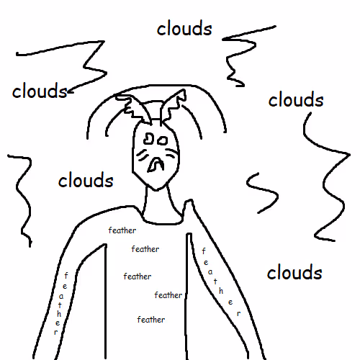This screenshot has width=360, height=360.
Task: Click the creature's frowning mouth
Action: tap(156, 165)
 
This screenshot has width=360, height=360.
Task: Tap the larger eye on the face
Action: tap(149, 138)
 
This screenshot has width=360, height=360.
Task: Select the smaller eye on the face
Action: tap(163, 140)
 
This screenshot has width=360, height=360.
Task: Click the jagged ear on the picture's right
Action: tap(173, 106)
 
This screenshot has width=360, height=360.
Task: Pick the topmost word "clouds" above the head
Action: tap(184, 28)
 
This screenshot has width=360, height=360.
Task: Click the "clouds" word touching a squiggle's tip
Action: tap(40, 91)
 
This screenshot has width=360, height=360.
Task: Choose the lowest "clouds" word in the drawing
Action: tap(294, 271)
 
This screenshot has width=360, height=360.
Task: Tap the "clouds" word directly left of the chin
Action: tap(86, 179)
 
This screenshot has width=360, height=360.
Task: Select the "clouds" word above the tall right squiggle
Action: tap(296, 99)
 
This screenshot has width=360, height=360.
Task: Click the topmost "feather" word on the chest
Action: tap(122, 230)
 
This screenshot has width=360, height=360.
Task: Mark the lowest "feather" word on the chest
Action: tap(151, 320)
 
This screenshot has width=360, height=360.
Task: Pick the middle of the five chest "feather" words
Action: tap(138, 276)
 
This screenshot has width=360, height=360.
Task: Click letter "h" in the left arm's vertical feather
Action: tap(59, 313)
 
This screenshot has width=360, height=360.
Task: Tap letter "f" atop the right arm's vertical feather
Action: tap(204, 251)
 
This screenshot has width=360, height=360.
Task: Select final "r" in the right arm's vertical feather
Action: tap(238, 313)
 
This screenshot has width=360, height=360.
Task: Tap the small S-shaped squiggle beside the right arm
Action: tap(262, 192)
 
